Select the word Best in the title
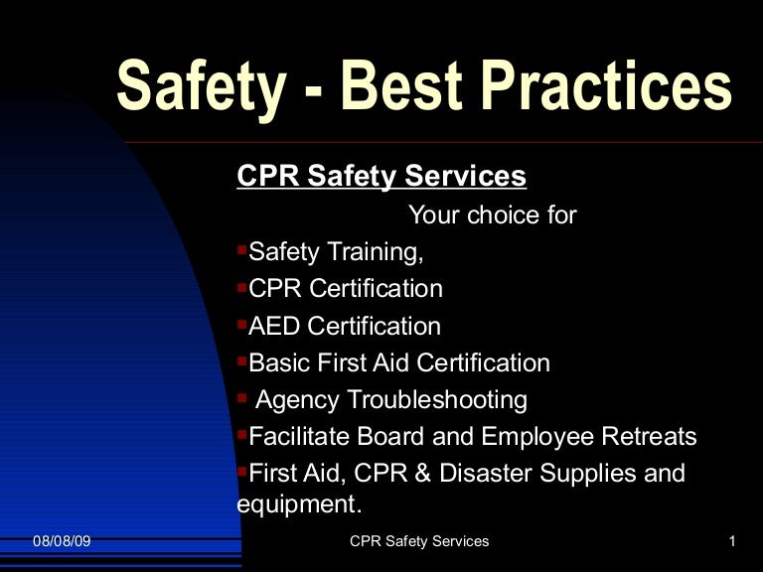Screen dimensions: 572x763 click(398, 87)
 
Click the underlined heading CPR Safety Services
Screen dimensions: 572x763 click(381, 177)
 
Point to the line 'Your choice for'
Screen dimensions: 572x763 click(492, 214)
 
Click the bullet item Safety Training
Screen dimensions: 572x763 click(336, 252)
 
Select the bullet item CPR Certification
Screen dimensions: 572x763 click(345, 289)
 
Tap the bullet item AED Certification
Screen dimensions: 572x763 click(344, 326)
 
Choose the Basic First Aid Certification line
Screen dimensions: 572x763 click(398, 362)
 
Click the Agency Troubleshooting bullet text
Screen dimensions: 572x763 click(391, 400)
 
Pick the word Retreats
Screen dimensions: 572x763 click(649, 437)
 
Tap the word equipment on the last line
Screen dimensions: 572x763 click(296, 503)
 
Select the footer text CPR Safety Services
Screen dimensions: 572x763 click(420, 541)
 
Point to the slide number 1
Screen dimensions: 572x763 click(731, 541)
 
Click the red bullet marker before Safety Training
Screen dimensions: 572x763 click(242, 248)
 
